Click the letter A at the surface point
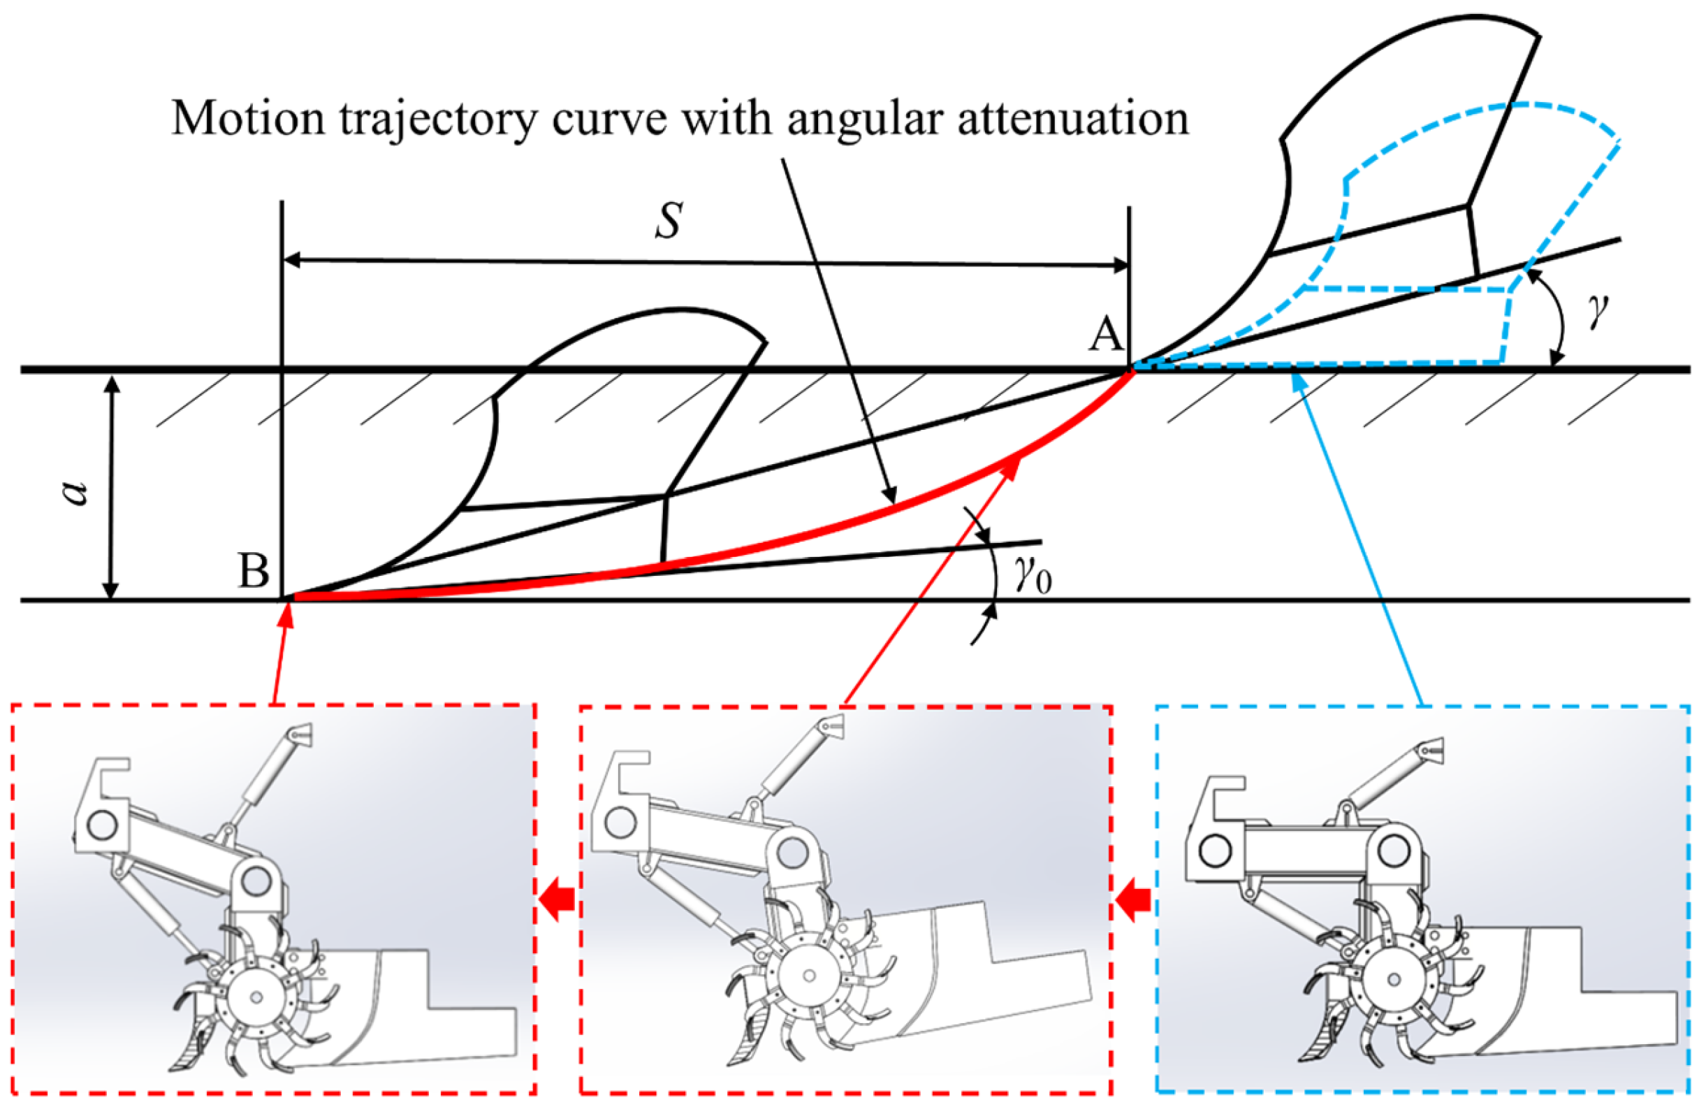coord(1105,335)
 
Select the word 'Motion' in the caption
coord(248,118)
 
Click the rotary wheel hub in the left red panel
coord(256,997)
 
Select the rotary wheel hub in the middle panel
coord(809,976)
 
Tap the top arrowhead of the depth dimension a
coord(110,385)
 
